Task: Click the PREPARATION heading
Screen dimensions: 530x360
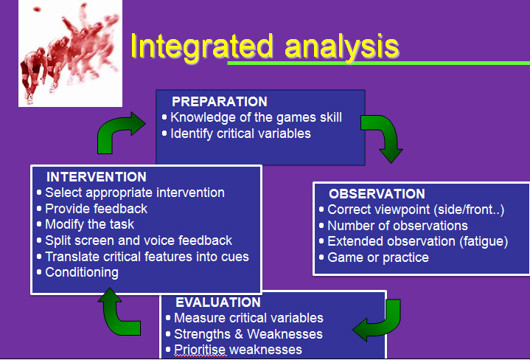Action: [x=220, y=102]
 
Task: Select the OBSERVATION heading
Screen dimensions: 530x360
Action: [x=377, y=194]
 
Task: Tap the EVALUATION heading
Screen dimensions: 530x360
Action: [x=218, y=302]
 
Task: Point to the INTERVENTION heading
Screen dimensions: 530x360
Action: [x=97, y=176]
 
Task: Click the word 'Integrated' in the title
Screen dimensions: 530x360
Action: [x=201, y=46]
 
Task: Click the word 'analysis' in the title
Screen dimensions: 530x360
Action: [x=342, y=47]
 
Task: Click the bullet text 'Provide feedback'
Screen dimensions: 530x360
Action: [x=96, y=209]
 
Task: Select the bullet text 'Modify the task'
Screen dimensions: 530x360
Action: [x=90, y=224]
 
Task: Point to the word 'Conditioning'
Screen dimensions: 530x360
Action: [x=82, y=272]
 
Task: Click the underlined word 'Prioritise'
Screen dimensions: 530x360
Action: [x=200, y=350]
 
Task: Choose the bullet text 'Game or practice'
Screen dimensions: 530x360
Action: [x=378, y=257]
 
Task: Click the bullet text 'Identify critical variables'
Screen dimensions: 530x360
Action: [x=240, y=134]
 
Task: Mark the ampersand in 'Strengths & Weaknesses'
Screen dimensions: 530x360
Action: [x=239, y=334]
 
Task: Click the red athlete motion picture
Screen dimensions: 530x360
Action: [x=70, y=53]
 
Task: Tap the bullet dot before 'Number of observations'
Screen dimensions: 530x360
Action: [x=321, y=226]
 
